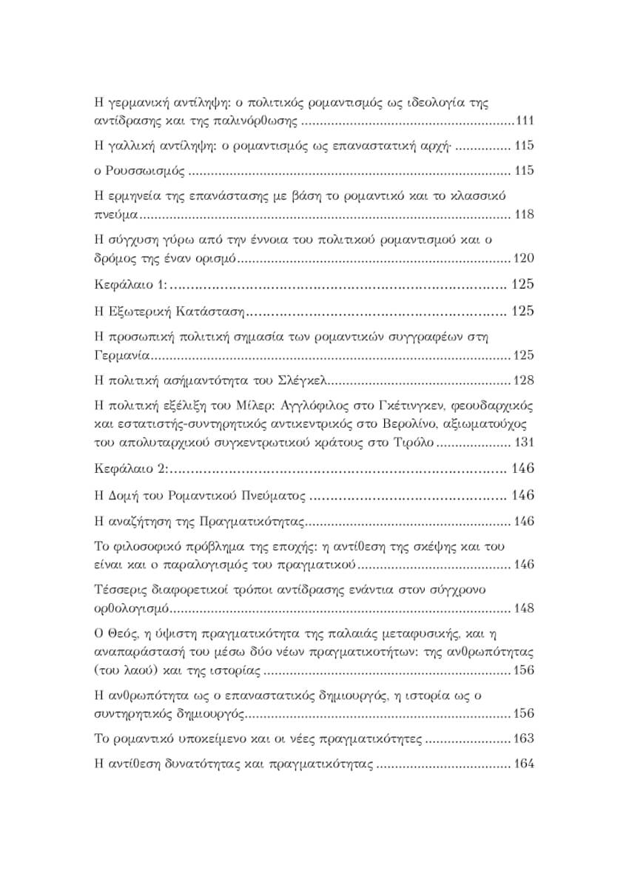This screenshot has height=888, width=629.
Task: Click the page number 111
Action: [x=523, y=121]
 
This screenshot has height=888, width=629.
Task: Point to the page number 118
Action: [x=523, y=215]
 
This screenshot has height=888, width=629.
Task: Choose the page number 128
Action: [x=523, y=380]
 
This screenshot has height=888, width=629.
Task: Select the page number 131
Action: [x=523, y=443]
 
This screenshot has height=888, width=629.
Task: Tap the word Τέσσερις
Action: [x=122, y=590]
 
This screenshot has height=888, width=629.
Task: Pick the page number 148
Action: [x=523, y=608]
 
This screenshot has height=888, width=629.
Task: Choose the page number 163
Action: [x=523, y=739]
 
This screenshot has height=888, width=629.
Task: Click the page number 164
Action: [x=523, y=764]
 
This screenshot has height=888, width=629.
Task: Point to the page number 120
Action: [x=523, y=258]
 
